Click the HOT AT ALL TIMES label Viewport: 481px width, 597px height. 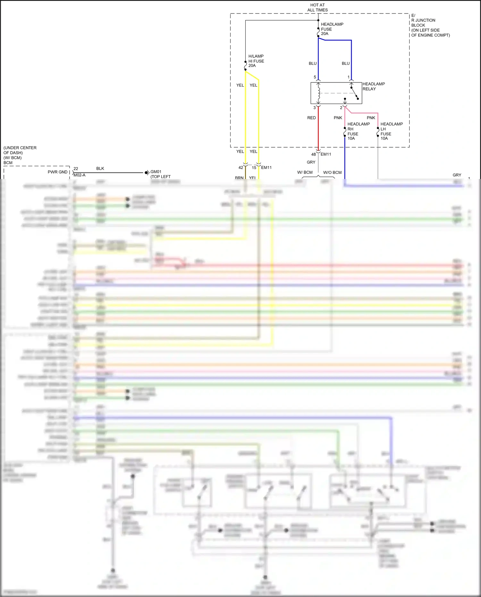point(317,7)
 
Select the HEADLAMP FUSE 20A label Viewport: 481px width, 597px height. point(332,29)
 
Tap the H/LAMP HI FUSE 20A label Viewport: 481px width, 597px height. point(256,61)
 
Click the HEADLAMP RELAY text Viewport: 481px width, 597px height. point(373,86)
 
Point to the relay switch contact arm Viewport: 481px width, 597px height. point(354,93)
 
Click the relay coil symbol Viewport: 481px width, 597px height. point(318,93)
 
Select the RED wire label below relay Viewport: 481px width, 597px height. point(311,118)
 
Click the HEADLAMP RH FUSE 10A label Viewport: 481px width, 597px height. point(358,131)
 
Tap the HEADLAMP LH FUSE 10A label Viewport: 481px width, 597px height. point(391,131)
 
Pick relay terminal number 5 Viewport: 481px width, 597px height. point(315,77)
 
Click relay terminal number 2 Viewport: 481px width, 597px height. point(341,108)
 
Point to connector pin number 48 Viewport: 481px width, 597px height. point(313,154)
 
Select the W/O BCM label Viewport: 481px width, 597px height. point(332,173)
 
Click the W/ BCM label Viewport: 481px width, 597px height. point(305,173)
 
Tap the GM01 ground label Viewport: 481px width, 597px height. point(156,172)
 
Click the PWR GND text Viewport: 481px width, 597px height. point(57,172)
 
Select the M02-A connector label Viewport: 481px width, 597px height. point(79,175)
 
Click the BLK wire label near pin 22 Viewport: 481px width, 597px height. point(100,168)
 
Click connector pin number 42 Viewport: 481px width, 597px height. point(240,167)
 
